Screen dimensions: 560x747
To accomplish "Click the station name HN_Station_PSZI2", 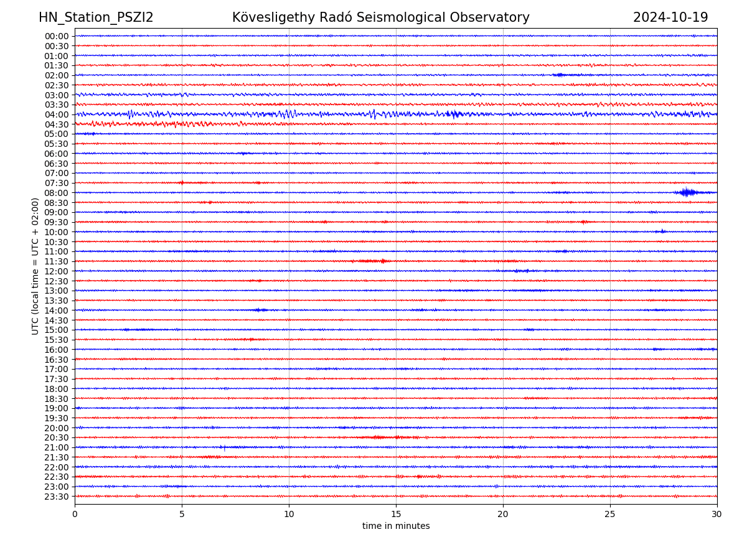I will (x=96, y=17).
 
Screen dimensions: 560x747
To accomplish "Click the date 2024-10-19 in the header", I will (x=670, y=17).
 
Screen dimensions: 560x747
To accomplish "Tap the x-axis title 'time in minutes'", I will (x=396, y=526).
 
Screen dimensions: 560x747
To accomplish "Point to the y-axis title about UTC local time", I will (x=35, y=266).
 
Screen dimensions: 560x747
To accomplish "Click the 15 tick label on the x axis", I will (x=396, y=515).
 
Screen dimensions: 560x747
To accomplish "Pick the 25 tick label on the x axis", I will (x=610, y=515).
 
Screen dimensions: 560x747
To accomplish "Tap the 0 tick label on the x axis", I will (x=75, y=515).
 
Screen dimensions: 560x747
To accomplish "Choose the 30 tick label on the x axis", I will (x=717, y=515).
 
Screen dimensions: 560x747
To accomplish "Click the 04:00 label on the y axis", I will (x=57, y=114).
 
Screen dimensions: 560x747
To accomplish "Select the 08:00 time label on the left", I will (x=57, y=193).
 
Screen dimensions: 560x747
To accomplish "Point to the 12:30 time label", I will (x=57, y=281).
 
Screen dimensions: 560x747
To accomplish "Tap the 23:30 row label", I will (x=57, y=497).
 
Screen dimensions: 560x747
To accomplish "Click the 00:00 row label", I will (x=57, y=36).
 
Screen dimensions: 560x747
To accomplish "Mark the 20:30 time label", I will (x=57, y=438).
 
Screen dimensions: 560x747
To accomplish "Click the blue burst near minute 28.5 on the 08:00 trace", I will (x=687, y=192).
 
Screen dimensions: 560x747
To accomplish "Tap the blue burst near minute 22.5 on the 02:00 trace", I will (x=559, y=75).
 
